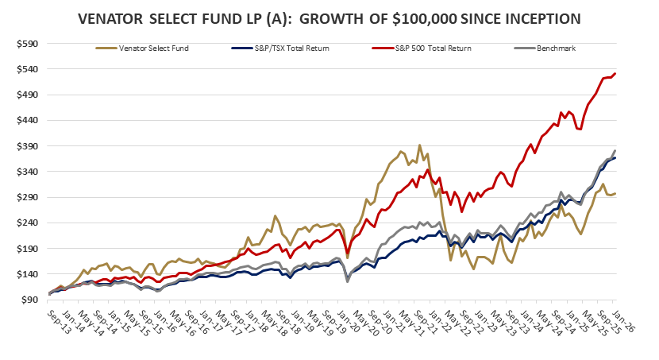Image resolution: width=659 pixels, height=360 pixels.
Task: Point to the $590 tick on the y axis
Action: click(28, 44)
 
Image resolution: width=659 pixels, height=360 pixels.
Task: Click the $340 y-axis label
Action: click(28, 172)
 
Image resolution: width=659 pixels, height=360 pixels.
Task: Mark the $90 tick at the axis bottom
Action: click(30, 300)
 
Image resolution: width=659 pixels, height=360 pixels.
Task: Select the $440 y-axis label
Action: click(28, 121)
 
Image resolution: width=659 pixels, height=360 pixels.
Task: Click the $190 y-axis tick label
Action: click(28, 249)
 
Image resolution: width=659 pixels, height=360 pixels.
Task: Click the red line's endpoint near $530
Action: click(616, 74)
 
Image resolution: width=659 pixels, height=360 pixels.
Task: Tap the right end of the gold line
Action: click(616, 193)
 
